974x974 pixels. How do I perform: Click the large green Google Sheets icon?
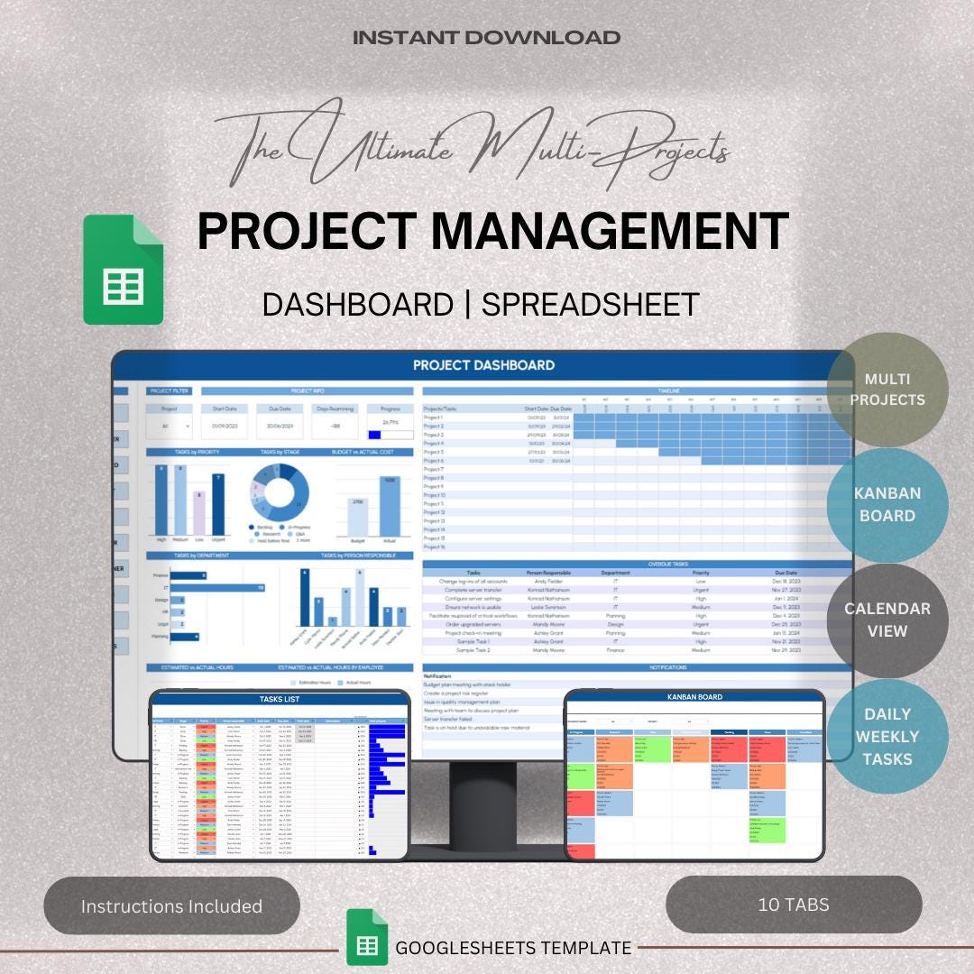tap(124, 270)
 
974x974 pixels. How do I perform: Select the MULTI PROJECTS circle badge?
tap(887, 389)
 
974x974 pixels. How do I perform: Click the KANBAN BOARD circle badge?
tap(887, 505)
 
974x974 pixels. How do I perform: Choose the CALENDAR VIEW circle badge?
tap(887, 620)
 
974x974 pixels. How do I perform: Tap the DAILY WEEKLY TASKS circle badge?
tap(887, 736)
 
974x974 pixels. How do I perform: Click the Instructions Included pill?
tap(171, 905)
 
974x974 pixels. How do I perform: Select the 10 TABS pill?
tap(794, 904)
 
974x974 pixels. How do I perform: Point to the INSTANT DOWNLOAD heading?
tap(486, 38)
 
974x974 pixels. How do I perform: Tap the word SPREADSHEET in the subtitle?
tap(591, 304)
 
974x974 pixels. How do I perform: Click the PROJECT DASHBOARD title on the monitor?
tap(483, 365)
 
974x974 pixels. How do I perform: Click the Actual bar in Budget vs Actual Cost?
tap(390, 508)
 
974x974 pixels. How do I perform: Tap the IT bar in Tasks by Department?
tap(216, 587)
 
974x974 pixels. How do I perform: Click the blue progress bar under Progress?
tap(376, 434)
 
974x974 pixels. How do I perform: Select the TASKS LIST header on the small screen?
tap(279, 699)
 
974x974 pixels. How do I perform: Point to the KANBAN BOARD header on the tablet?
tap(694, 697)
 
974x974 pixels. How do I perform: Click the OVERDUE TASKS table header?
tap(637, 564)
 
